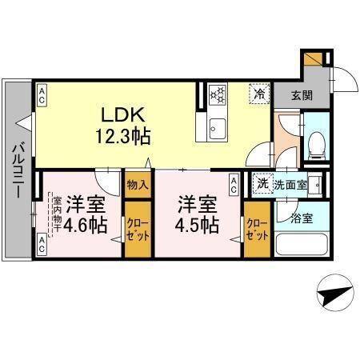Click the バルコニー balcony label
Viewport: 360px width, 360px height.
pos(16,169)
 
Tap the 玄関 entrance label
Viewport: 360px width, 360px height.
pos(302,94)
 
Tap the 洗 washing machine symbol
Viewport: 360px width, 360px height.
pos(262,184)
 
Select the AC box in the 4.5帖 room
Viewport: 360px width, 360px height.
pos(233,185)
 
